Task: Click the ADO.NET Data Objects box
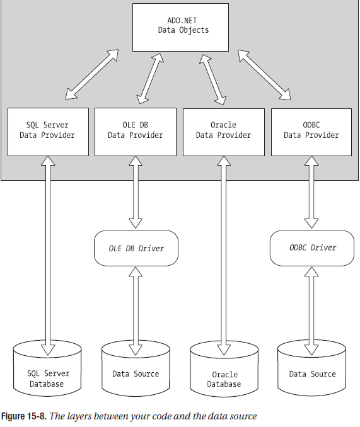click(180, 27)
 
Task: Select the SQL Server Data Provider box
click(49, 132)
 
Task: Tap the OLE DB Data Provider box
click(136, 132)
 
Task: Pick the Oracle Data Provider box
click(224, 132)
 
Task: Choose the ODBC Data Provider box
click(311, 132)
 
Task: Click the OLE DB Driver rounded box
click(136, 248)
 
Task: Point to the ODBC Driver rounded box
click(312, 248)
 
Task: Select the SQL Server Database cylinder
click(47, 368)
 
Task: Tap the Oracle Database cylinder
click(224, 369)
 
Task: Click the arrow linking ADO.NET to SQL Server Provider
click(92, 74)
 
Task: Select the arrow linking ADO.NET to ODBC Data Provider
click(264, 75)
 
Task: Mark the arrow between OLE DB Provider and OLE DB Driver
click(136, 192)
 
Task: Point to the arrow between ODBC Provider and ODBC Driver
click(311, 192)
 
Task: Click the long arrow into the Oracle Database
click(224, 256)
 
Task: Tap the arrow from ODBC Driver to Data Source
click(311, 311)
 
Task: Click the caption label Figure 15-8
click(24, 416)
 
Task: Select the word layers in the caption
click(78, 416)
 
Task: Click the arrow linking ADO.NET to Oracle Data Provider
click(213, 79)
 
